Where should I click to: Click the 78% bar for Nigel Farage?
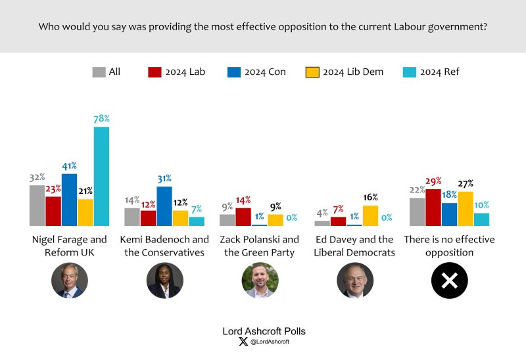click(101, 176)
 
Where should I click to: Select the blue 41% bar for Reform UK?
click(69, 200)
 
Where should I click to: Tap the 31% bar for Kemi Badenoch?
click(165, 206)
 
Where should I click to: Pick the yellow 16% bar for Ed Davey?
click(370, 215)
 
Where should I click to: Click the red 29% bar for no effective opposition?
click(433, 208)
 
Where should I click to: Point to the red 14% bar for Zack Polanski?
click(243, 217)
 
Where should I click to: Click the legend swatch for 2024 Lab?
click(155, 72)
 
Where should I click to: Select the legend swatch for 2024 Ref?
click(408, 72)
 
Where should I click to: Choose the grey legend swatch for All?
click(99, 72)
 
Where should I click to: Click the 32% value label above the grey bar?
click(37, 177)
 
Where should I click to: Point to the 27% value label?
click(466, 184)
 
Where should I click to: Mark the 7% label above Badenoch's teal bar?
click(197, 209)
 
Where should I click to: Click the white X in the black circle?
click(449, 281)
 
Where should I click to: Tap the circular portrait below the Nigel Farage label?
click(70, 281)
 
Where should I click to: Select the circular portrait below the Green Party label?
click(260, 281)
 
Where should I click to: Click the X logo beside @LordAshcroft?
click(244, 342)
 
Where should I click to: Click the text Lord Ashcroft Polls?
click(264, 331)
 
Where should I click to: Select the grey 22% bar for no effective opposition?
click(417, 212)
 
